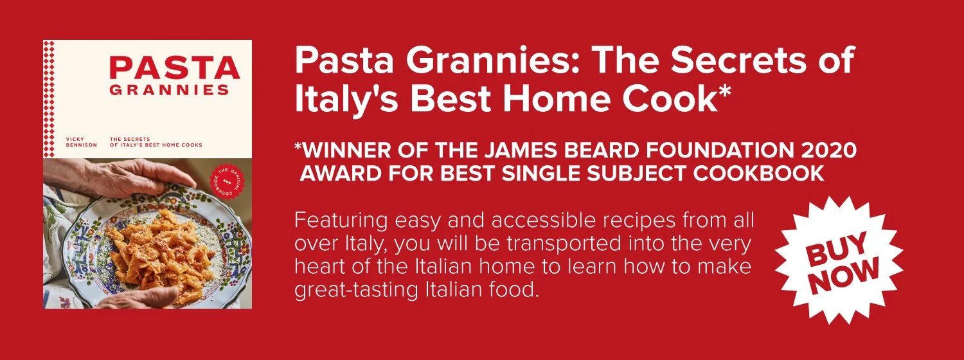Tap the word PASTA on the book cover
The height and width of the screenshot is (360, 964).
(174, 67)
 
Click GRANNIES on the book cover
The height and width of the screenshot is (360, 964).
(168, 91)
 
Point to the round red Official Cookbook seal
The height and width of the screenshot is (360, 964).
(224, 183)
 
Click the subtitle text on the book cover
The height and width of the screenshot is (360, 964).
(156, 141)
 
